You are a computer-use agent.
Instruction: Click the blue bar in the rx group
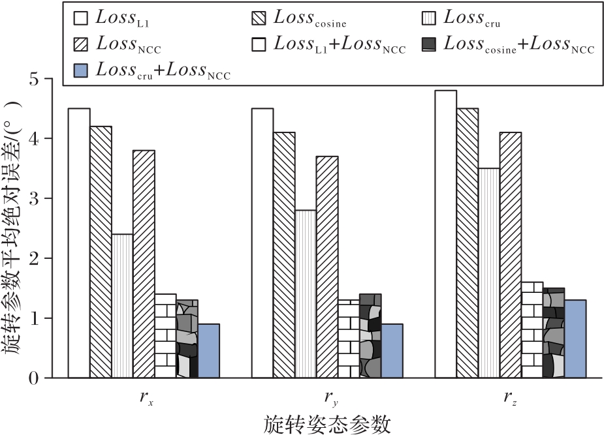pyautogui.click(x=208, y=351)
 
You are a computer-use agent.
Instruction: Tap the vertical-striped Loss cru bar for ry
pyautogui.click(x=305, y=293)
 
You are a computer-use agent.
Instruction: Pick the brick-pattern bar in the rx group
pyautogui.click(x=165, y=336)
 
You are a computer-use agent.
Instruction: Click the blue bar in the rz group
pyautogui.click(x=575, y=338)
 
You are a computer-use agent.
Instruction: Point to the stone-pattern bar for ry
pyautogui.click(x=370, y=336)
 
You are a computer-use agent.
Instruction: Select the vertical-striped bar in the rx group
pyautogui.click(x=122, y=305)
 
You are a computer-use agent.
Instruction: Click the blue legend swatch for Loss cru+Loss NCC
pyautogui.click(x=81, y=68)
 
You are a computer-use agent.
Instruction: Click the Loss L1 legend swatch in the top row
pyautogui.click(x=81, y=18)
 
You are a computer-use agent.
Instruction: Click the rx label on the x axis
pyautogui.click(x=144, y=398)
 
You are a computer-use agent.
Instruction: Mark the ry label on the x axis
pyautogui.click(x=328, y=398)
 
